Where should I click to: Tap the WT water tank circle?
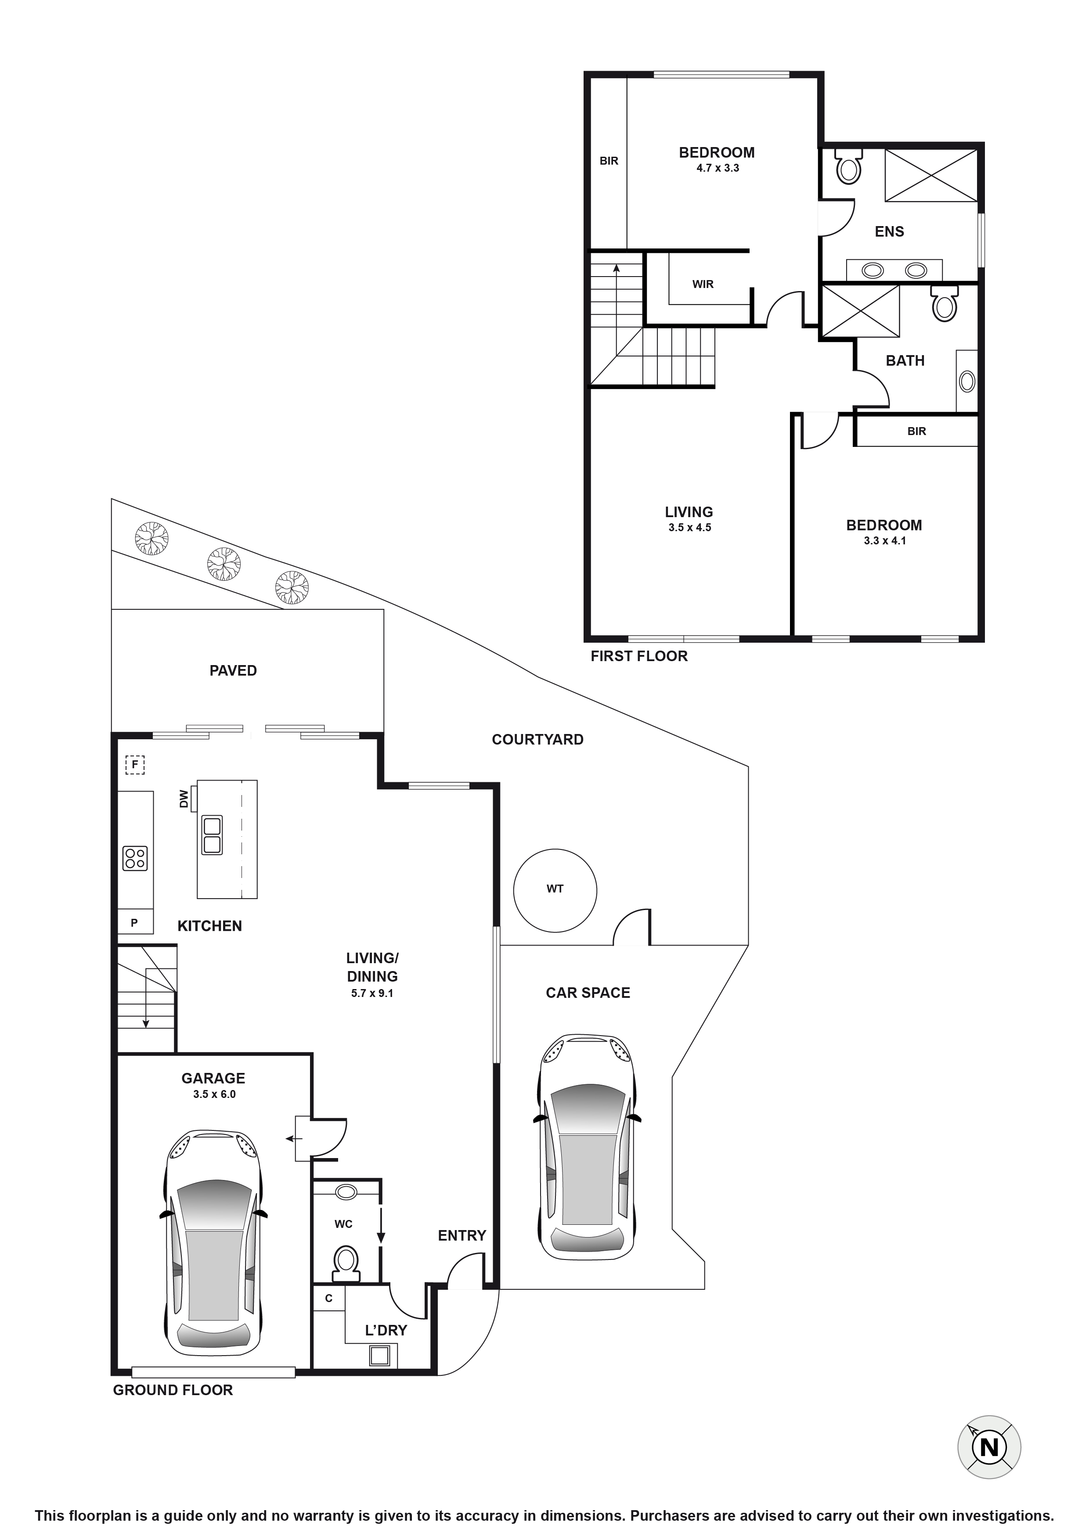555,890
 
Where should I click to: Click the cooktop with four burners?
135,859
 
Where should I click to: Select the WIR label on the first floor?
703,284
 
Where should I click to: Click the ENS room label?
889,232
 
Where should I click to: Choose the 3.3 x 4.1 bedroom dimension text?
884,541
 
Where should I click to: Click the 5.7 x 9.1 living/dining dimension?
372,993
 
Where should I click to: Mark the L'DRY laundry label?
386,1330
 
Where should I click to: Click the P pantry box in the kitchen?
135,923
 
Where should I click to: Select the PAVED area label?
233,671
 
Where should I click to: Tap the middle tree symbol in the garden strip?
224,564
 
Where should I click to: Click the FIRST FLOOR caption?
639,657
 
